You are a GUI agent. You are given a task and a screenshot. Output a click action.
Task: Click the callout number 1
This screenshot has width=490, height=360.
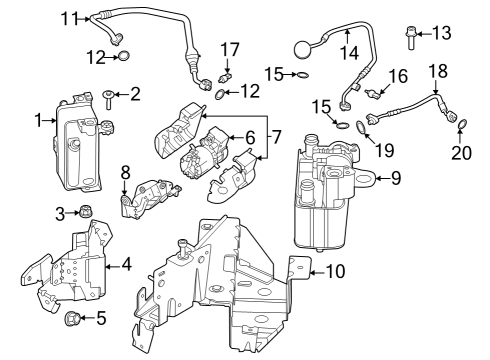tap(38, 120)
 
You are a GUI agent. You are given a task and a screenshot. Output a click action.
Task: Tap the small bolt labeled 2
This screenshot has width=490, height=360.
tap(106, 97)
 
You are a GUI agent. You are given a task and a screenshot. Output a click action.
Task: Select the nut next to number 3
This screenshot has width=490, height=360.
tap(86, 212)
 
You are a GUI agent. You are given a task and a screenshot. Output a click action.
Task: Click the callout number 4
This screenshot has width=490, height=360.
tap(126, 265)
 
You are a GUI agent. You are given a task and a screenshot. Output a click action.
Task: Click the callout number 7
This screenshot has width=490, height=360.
tap(277, 135)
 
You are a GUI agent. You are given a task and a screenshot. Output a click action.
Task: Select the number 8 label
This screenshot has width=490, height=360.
tap(124, 172)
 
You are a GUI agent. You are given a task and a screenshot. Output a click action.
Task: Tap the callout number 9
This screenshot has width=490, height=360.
tap(395, 179)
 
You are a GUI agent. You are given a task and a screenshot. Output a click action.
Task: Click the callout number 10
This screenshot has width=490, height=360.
tap(336, 270)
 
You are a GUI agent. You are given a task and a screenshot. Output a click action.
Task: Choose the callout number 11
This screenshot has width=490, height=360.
tap(68, 17)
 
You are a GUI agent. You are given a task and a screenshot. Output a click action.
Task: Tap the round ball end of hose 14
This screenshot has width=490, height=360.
tap(307, 46)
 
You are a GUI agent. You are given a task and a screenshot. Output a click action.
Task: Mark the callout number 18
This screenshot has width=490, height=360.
tap(438, 72)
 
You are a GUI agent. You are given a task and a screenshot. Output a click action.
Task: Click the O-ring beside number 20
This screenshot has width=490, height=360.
tap(462, 123)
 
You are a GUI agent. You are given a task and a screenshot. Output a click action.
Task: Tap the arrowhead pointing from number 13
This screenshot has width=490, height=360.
tap(424, 34)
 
